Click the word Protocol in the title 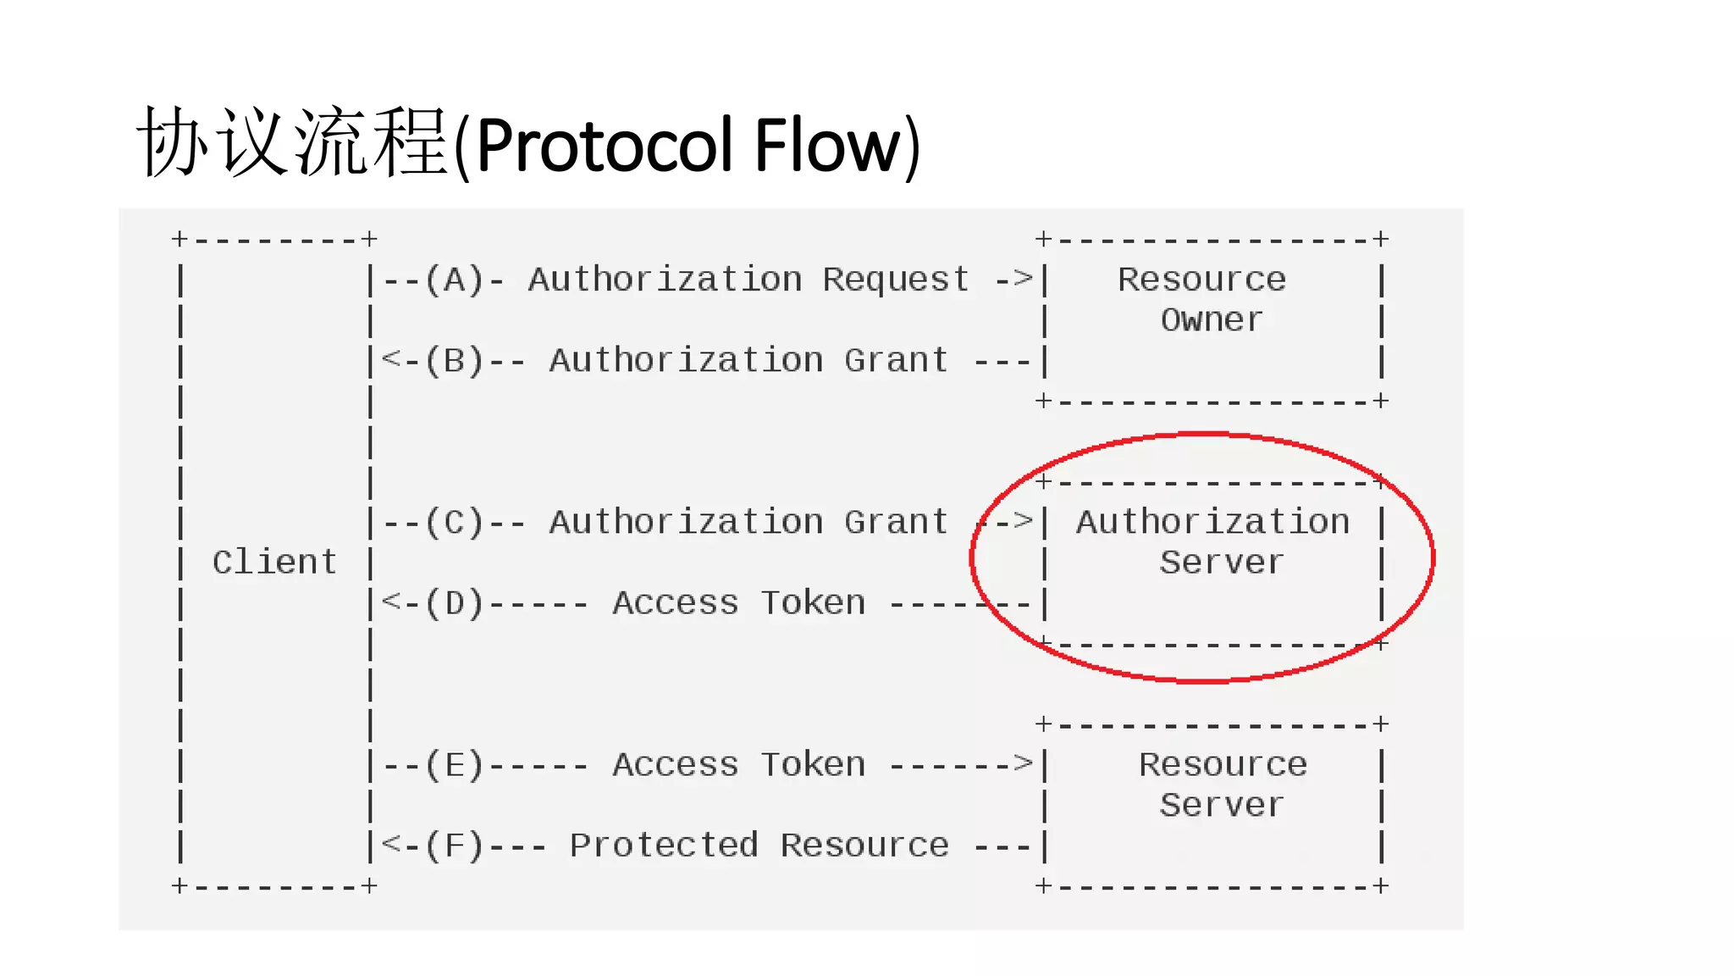tap(606, 145)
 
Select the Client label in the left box tap(274, 563)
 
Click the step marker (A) tap(455, 280)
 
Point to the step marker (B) tap(455, 361)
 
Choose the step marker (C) tap(455, 522)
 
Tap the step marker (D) tap(455, 603)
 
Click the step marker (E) tap(455, 765)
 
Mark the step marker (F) tap(455, 846)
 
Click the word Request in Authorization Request tap(896, 280)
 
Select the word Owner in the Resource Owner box tap(1212, 320)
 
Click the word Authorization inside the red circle tap(1212, 522)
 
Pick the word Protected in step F tap(664, 846)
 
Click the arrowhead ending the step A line tap(1024, 278)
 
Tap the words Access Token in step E tap(739, 765)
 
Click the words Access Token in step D tap(739, 603)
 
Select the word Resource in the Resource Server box tap(1223, 765)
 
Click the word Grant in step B tap(896, 361)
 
